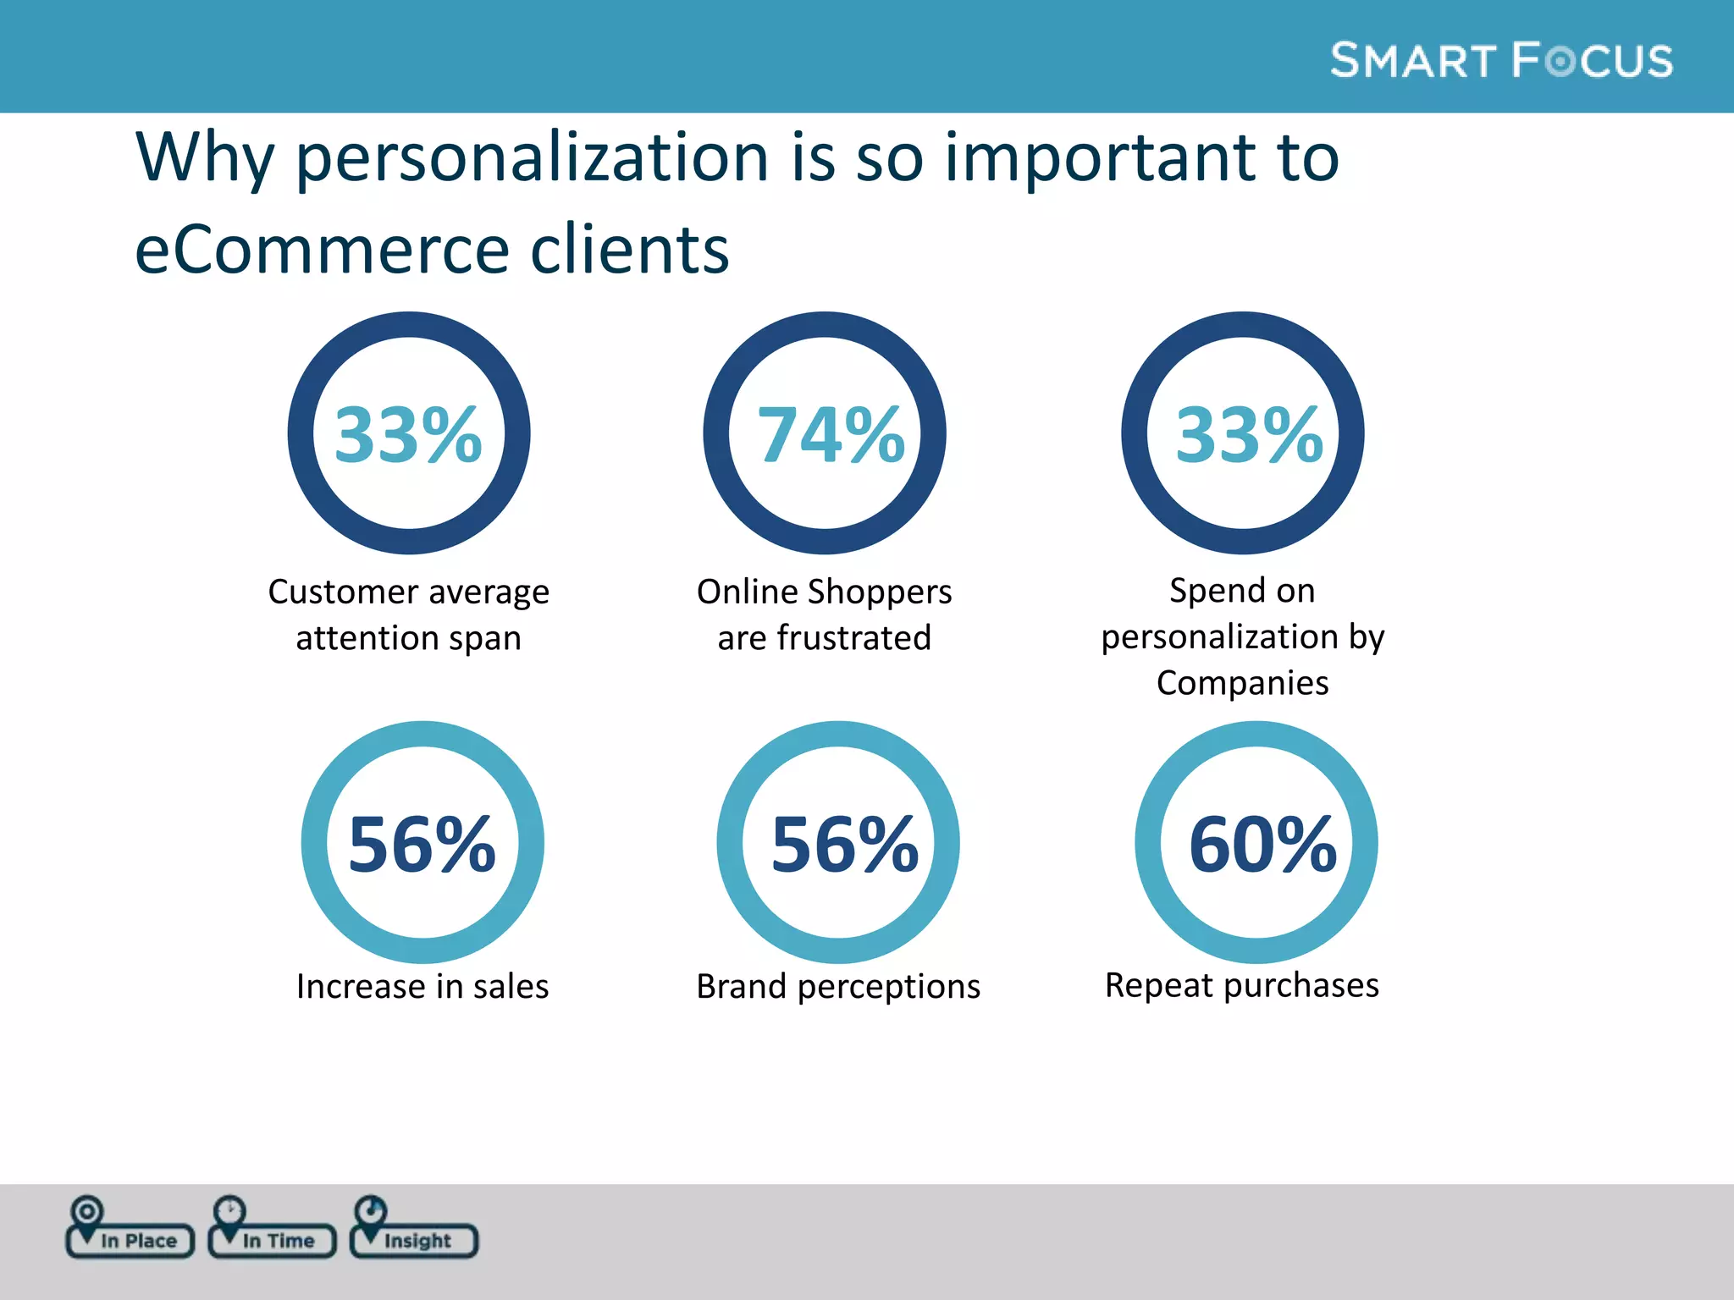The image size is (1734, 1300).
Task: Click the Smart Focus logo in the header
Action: point(1501,60)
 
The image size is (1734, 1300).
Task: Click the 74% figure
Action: point(830,435)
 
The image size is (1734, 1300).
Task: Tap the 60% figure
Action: point(1262,845)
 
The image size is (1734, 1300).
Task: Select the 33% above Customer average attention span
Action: point(408,435)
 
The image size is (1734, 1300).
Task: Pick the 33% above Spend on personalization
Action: point(1249,435)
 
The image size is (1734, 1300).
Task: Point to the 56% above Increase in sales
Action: point(422,845)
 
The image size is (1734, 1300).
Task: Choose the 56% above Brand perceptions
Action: point(844,845)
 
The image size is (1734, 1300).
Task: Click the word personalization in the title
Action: point(532,158)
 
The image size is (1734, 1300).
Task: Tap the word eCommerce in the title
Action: point(322,251)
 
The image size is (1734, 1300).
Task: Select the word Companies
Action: point(1242,683)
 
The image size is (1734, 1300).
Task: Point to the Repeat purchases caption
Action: point(1241,985)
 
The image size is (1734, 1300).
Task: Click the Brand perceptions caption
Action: point(838,987)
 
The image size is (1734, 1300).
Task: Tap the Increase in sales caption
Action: point(422,987)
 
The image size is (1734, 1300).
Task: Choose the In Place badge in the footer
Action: point(130,1232)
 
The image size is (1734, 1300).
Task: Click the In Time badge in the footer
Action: point(272,1232)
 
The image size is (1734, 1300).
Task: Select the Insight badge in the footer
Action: point(414,1232)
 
